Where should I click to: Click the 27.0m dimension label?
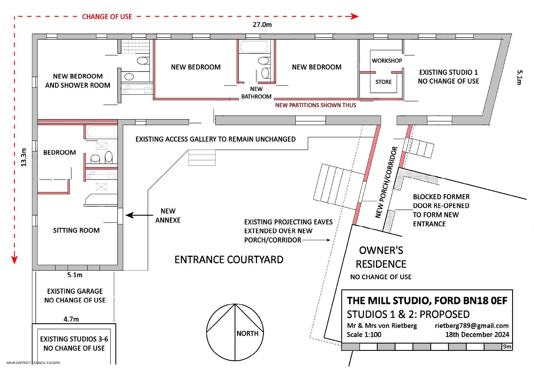click(262, 25)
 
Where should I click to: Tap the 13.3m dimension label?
click(24, 157)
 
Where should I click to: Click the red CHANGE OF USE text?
click(107, 17)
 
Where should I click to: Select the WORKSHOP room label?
click(387, 61)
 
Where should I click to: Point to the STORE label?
click(383, 82)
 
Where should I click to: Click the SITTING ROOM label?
click(76, 230)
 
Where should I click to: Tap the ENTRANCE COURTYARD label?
click(229, 260)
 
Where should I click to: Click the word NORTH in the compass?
click(247, 334)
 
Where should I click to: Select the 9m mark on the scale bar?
click(507, 347)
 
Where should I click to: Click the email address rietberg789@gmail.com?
click(472, 326)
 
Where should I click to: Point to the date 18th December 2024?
click(477, 335)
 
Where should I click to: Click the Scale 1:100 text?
click(364, 335)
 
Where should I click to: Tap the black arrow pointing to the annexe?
click(139, 215)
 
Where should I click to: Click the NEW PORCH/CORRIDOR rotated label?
click(386, 182)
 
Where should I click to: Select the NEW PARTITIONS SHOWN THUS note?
click(316, 105)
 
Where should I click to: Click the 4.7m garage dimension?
click(71, 319)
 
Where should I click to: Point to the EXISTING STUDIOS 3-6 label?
click(74, 339)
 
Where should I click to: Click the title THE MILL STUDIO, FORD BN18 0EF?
click(427, 301)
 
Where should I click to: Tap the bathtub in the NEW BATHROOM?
click(253, 46)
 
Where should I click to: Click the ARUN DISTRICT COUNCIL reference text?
click(33, 363)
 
